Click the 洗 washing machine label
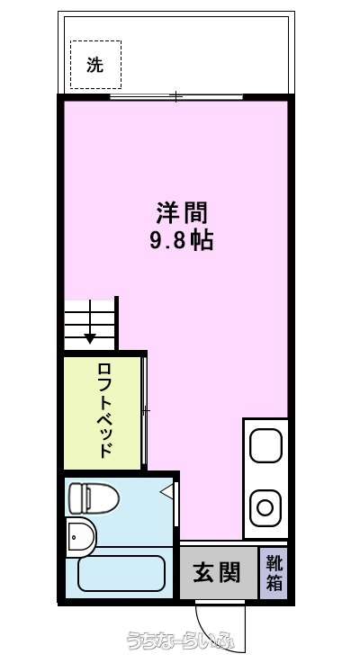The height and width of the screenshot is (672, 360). click(x=95, y=65)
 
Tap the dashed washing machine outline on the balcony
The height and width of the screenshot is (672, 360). click(x=71, y=65)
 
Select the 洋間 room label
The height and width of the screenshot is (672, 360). click(x=181, y=213)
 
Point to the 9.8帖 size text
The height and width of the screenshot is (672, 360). click(x=181, y=242)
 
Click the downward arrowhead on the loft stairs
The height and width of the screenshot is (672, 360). click(x=90, y=338)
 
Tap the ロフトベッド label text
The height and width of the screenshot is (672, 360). click(x=106, y=410)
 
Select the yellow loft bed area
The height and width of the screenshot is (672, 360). click(x=103, y=413)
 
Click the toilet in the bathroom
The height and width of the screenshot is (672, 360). click(x=94, y=498)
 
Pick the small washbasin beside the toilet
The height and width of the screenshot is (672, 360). click(x=80, y=536)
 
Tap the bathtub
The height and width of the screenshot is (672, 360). click(x=121, y=573)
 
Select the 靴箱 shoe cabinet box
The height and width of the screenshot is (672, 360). click(x=274, y=572)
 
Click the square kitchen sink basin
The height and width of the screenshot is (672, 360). click(x=265, y=445)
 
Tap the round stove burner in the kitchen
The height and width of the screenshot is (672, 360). click(x=265, y=508)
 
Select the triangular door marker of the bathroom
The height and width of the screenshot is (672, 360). click(x=167, y=491)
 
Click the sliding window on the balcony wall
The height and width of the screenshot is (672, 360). click(x=176, y=97)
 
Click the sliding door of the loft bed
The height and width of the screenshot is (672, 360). click(x=145, y=410)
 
